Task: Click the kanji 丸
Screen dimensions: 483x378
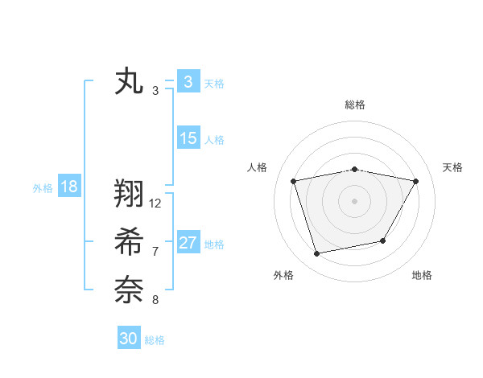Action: click(130, 82)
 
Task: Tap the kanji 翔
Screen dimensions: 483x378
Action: click(130, 194)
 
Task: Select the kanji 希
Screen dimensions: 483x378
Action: click(130, 241)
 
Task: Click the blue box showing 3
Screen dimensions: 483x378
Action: click(188, 82)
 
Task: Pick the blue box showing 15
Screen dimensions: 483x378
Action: click(188, 138)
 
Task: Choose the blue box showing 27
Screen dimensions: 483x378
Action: click(188, 243)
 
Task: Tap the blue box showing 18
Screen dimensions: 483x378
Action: click(68, 187)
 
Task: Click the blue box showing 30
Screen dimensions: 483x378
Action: click(129, 339)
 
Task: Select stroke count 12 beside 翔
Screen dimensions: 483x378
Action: click(155, 203)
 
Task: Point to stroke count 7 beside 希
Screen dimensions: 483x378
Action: click(155, 252)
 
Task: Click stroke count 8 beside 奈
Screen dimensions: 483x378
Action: click(155, 300)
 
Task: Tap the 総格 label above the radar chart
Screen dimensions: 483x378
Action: click(354, 105)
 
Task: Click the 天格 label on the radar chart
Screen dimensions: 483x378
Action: click(452, 167)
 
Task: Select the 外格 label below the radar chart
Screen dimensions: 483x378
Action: click(283, 275)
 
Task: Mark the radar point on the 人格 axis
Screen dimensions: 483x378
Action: click(293, 181)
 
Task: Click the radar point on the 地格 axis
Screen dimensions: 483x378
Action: click(383, 240)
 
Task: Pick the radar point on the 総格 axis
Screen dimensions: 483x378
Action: click(354, 170)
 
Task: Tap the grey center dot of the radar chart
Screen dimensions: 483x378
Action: click(354, 200)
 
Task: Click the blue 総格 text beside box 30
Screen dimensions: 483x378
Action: click(155, 340)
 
